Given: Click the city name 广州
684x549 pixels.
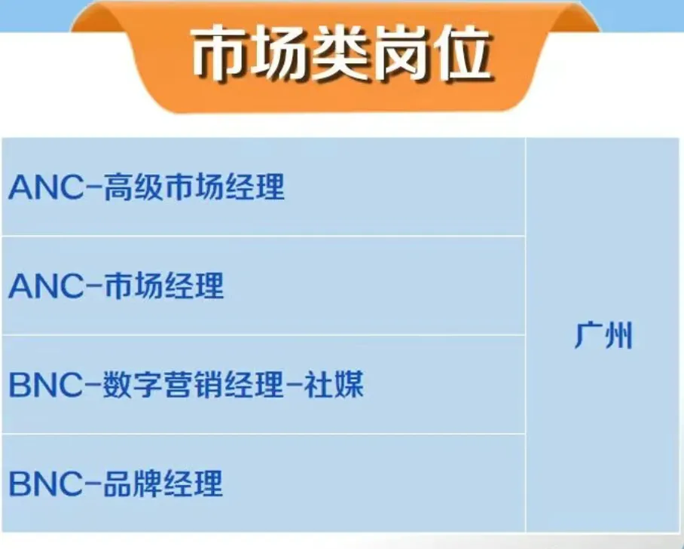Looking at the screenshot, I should pos(603,336).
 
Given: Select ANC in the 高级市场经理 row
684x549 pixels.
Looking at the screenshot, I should pos(43,188).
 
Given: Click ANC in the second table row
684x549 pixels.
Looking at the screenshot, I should pos(43,287).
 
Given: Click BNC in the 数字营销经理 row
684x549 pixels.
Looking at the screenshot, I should pos(43,386).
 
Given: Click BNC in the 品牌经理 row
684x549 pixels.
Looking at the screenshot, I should pos(43,484).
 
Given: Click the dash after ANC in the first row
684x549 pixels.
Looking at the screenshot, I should pos(91,188).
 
